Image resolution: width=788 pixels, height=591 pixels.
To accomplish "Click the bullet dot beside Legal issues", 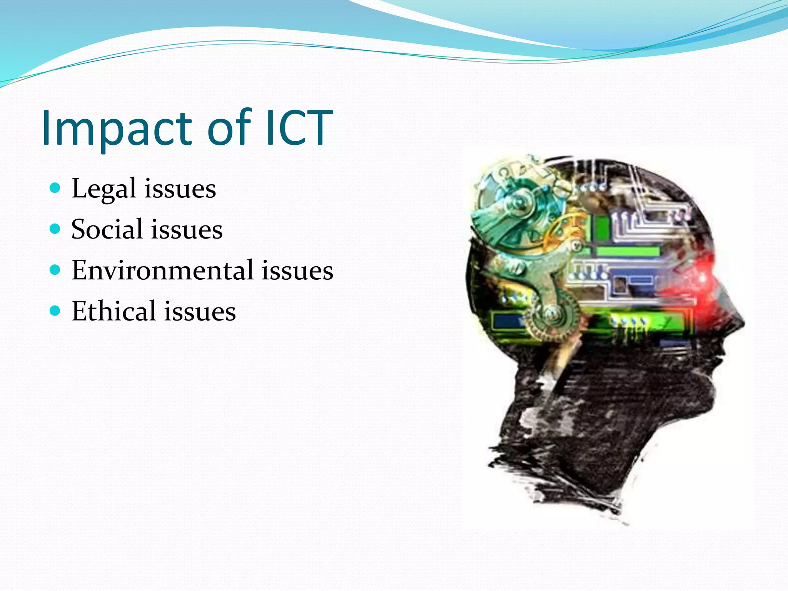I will point(55,188).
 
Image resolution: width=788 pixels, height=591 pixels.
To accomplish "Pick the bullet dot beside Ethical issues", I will point(55,311).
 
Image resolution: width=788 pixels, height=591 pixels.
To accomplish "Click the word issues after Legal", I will point(180,189).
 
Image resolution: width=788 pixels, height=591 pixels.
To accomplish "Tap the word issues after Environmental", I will point(297,270).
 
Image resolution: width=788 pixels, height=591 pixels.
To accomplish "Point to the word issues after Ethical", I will point(200,312).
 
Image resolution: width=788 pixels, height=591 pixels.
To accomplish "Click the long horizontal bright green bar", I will point(628,252).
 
